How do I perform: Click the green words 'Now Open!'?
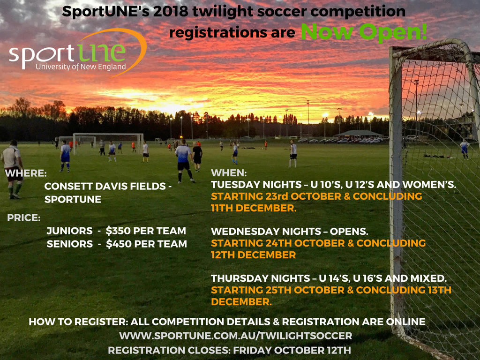[x=364, y=32]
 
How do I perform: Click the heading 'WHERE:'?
[x=26, y=173]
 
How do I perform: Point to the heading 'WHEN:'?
[x=229, y=173]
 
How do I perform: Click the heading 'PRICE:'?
[x=23, y=217]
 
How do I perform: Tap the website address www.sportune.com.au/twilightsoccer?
[x=236, y=336]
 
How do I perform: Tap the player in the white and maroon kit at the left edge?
[x=12, y=169]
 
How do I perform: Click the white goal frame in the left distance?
[x=108, y=143]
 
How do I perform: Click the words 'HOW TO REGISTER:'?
[x=78, y=322]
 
